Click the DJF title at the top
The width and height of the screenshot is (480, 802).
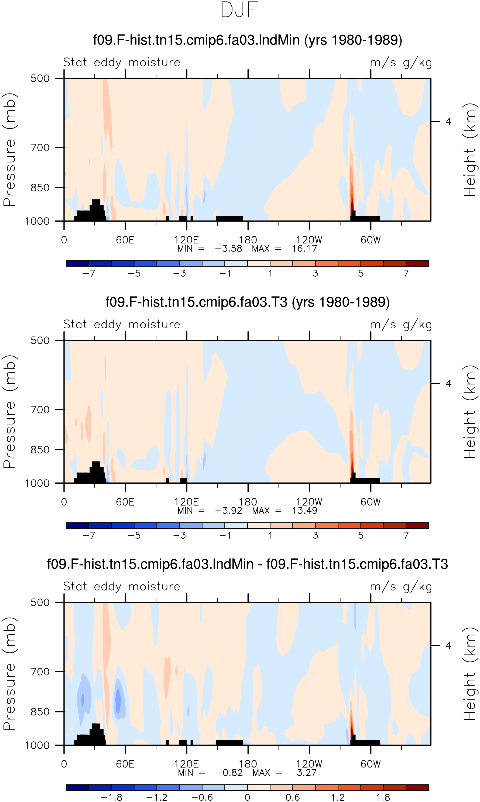(239, 10)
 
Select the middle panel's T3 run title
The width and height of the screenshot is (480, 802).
(248, 302)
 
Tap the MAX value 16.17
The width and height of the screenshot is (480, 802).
(304, 249)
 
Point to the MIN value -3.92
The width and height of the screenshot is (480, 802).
(228, 511)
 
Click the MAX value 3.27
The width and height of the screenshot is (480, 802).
(306, 773)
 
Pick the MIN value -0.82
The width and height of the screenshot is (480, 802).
(229, 773)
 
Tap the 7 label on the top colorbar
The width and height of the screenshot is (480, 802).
(406, 273)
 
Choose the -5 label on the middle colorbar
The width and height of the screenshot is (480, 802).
(134, 535)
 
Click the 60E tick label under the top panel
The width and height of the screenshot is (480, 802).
(125, 240)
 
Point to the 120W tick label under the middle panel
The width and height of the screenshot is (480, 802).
(309, 502)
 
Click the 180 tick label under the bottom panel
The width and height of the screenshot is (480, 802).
(248, 764)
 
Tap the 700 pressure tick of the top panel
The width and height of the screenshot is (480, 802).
(40, 148)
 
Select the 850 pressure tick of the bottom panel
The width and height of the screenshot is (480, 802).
(40, 712)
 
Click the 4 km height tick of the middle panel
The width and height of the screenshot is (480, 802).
(448, 384)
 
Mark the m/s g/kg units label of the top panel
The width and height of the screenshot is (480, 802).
(401, 62)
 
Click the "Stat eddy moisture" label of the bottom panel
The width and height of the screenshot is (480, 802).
(122, 586)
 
